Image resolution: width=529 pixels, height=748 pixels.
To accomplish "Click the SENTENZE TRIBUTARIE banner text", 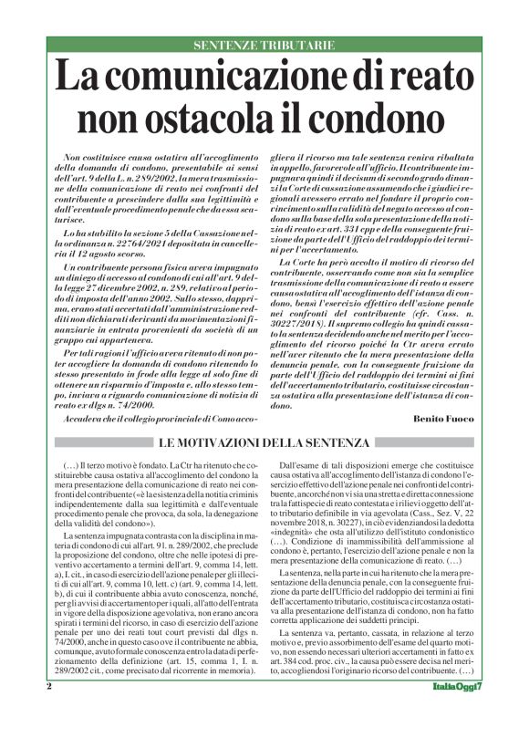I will coord(264,45).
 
